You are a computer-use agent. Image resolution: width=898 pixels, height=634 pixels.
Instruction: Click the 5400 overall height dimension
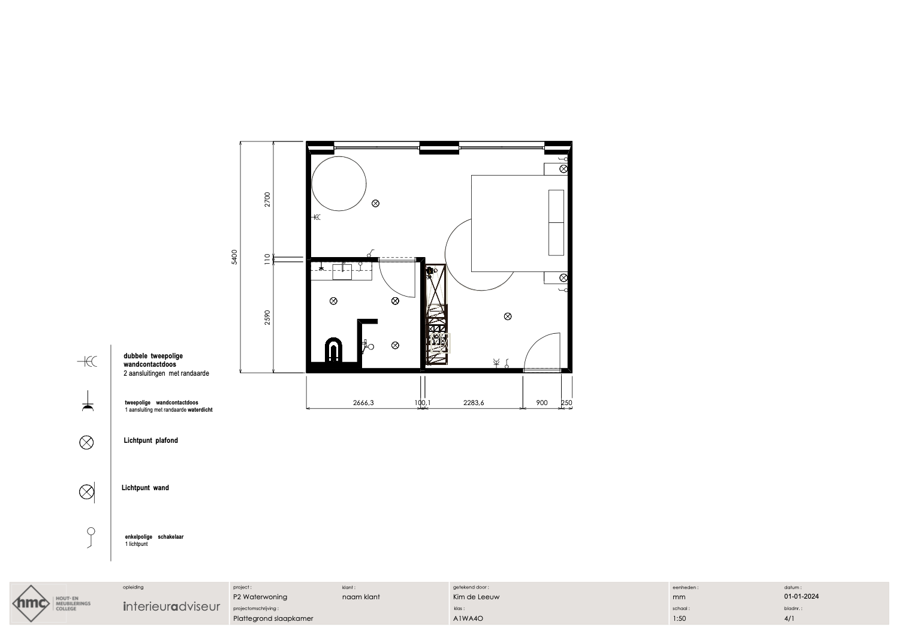click(x=234, y=257)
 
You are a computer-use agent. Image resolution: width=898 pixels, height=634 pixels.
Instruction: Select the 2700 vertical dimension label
click(x=267, y=200)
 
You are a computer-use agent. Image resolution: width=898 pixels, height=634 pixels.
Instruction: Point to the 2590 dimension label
click(x=267, y=318)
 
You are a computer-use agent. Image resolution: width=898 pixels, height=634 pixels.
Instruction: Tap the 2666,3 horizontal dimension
click(x=363, y=403)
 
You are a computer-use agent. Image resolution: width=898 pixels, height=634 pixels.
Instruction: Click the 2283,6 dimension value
click(x=474, y=403)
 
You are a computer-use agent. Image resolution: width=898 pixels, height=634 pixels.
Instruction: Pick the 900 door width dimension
click(x=541, y=403)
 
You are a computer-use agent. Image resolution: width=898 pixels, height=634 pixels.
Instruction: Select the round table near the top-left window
click(x=339, y=183)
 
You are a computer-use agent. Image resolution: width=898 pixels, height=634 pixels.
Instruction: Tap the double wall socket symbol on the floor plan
click(x=317, y=217)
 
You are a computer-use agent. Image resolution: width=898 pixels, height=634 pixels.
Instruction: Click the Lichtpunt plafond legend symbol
click(x=86, y=442)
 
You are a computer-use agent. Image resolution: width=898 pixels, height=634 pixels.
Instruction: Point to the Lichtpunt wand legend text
click(x=145, y=488)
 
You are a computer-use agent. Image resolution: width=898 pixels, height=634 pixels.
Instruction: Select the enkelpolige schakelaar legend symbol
click(x=91, y=538)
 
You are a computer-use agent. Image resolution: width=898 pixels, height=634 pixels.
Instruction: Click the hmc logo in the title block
click(x=31, y=603)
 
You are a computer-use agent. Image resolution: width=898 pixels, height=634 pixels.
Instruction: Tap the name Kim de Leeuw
click(x=476, y=597)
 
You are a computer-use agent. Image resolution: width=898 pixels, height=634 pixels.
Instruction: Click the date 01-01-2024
click(x=801, y=596)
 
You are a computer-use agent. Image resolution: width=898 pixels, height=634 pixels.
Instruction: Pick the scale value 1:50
click(x=679, y=618)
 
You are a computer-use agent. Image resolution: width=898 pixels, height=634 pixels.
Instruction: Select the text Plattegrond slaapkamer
click(x=273, y=618)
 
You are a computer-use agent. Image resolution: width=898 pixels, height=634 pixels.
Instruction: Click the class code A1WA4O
click(x=468, y=618)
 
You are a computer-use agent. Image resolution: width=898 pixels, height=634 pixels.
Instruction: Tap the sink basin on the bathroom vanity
click(x=342, y=271)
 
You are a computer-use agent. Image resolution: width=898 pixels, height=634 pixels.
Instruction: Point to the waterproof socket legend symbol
click(x=88, y=401)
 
